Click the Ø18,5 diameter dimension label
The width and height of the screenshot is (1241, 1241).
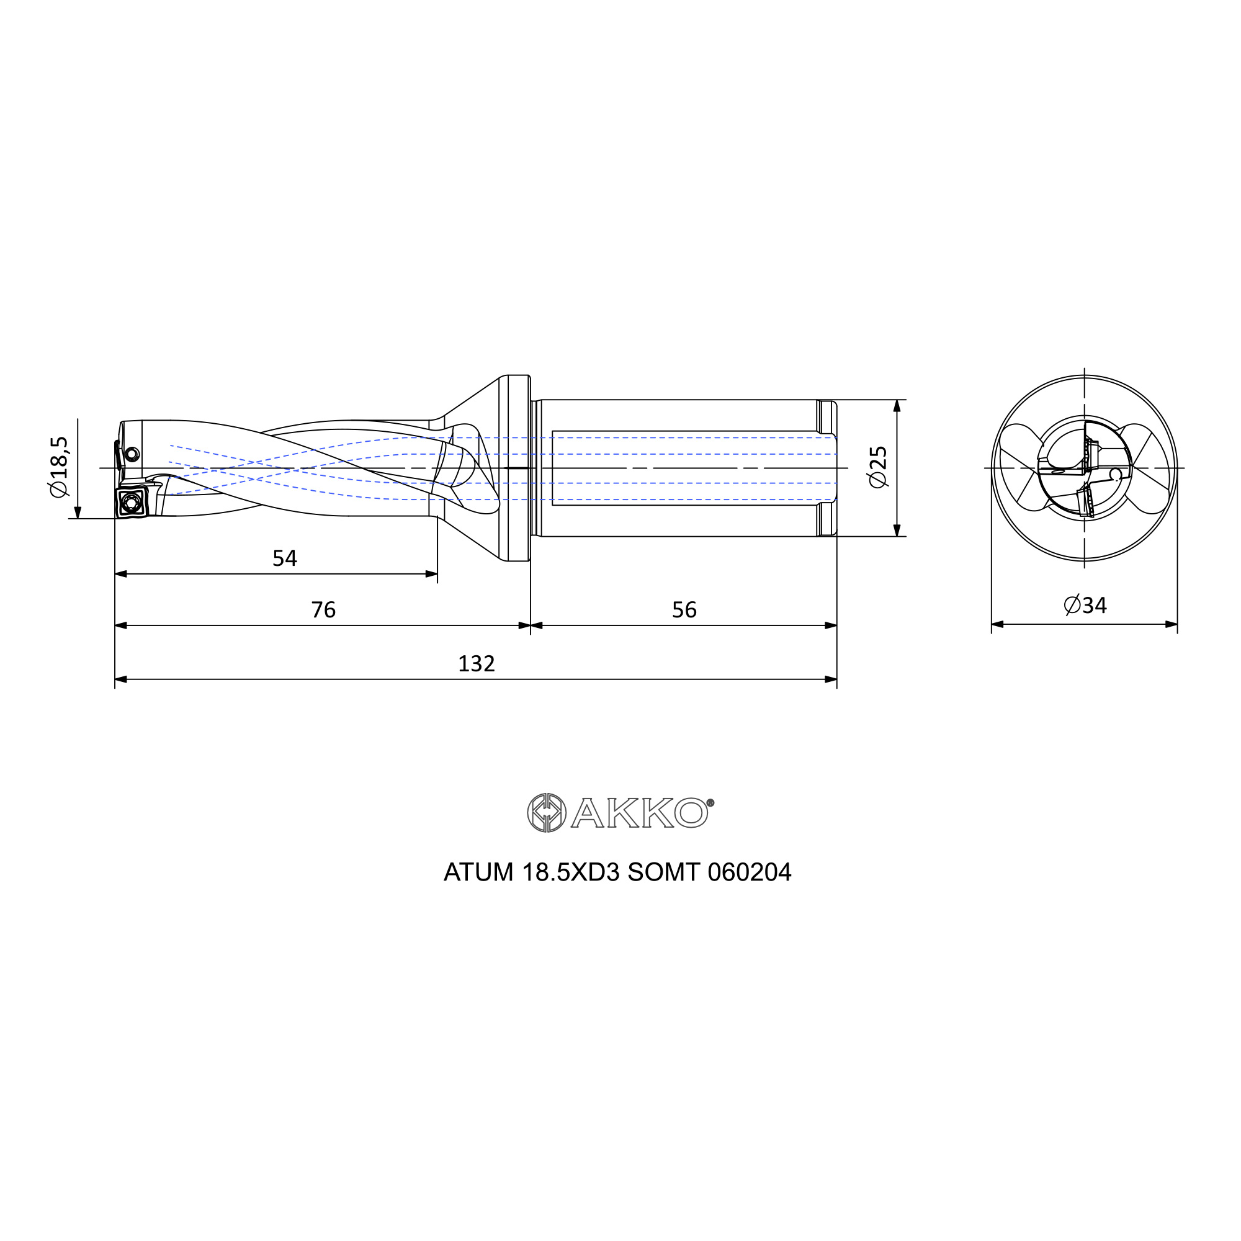[x=58, y=467]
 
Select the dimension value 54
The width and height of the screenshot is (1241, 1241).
[x=285, y=558]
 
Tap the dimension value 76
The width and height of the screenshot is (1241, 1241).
[x=323, y=609]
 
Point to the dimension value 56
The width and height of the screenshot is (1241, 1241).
[x=684, y=609]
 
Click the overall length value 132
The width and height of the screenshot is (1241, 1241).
[x=476, y=663]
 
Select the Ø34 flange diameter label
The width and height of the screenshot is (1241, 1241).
[x=1085, y=605]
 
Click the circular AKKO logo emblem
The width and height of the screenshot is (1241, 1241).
[x=546, y=813]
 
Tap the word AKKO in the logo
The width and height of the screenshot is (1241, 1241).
[x=639, y=813]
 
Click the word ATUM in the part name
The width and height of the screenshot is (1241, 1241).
[x=478, y=872]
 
